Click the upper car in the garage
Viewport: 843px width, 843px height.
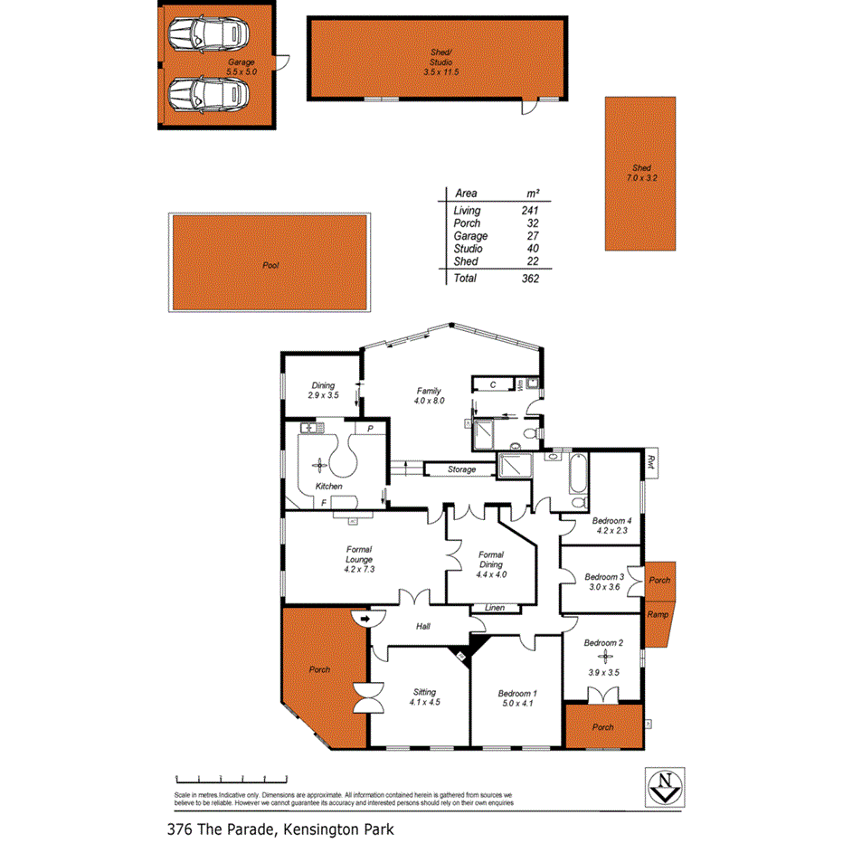pyautogui.click(x=207, y=35)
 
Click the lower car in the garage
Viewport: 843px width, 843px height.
pyautogui.click(x=207, y=92)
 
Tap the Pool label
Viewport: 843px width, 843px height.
pyautogui.click(x=270, y=266)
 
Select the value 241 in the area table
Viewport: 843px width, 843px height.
pyautogui.click(x=530, y=211)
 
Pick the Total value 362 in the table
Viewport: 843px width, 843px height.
pyautogui.click(x=530, y=279)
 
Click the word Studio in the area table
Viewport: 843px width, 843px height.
pyautogui.click(x=468, y=249)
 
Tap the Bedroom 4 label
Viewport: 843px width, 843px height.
pyautogui.click(x=611, y=520)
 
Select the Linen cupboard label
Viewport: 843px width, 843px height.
pyautogui.click(x=495, y=608)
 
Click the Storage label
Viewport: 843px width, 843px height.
pyautogui.click(x=461, y=469)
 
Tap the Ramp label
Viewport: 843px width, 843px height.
pyautogui.click(x=658, y=615)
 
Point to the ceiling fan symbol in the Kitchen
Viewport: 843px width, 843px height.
pyautogui.click(x=317, y=466)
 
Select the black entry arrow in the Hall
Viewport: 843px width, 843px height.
pyautogui.click(x=364, y=620)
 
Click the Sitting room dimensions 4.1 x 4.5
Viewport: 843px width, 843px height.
pyautogui.click(x=424, y=702)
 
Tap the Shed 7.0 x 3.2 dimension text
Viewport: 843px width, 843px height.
pyautogui.click(x=640, y=178)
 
